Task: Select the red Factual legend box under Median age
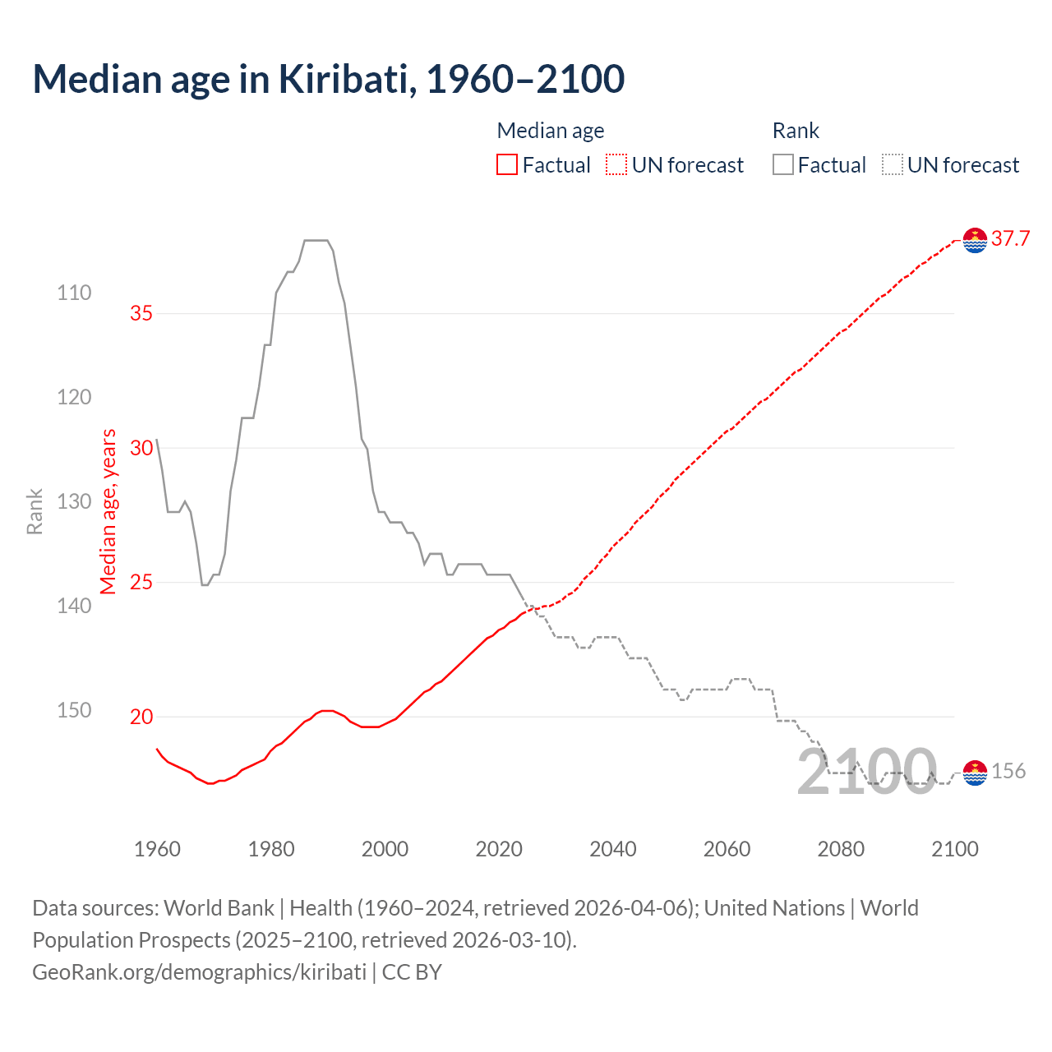coord(507,165)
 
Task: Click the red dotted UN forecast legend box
coord(616,165)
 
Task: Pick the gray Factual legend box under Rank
coord(783,165)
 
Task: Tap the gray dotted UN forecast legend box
coord(893,165)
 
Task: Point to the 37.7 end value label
coord(1010,239)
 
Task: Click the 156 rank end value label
coord(1008,771)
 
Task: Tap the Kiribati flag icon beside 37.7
coord(975,240)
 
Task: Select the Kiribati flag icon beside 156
coord(975,772)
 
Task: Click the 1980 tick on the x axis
coord(271,849)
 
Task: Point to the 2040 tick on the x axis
coord(613,849)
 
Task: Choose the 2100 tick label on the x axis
coord(954,849)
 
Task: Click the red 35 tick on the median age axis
coord(141,313)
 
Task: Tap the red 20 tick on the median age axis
coord(141,717)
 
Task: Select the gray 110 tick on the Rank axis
coord(74,293)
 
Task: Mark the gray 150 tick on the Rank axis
coord(74,710)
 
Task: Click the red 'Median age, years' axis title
coord(108,511)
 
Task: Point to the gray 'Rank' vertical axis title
coord(35,511)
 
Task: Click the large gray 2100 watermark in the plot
coord(866,773)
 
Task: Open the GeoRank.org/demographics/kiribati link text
coord(199,972)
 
